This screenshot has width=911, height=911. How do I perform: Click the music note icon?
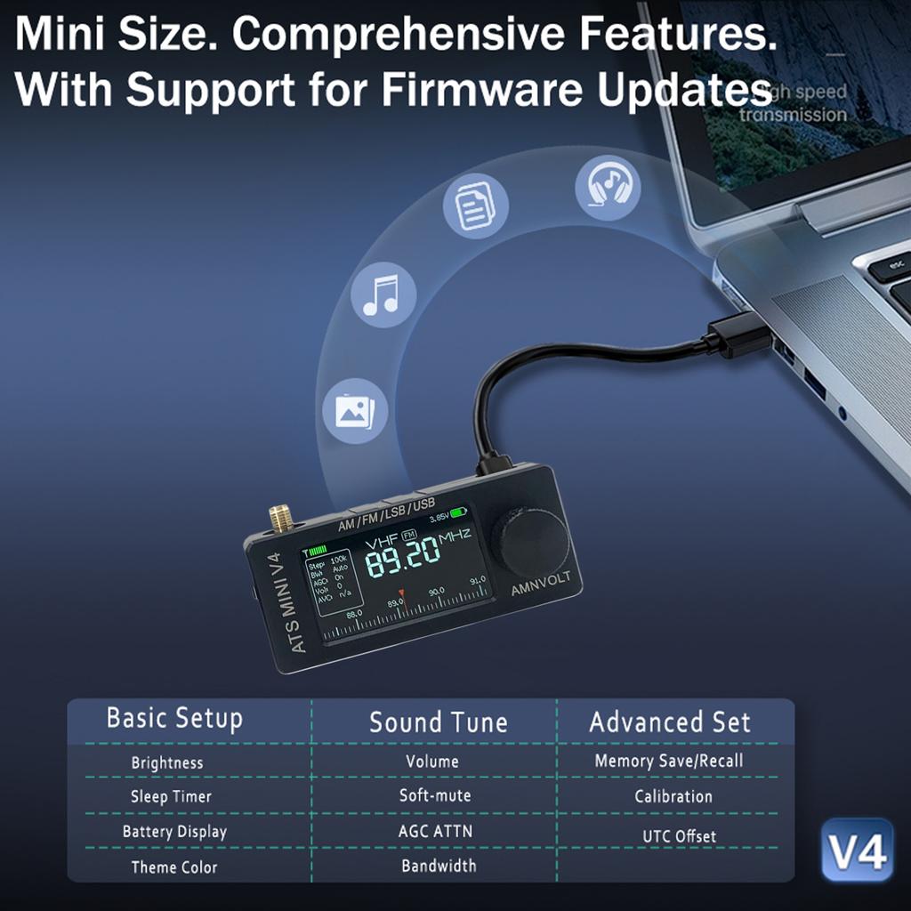pyautogui.click(x=383, y=295)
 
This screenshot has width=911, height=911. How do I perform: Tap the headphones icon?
pyautogui.click(x=608, y=188)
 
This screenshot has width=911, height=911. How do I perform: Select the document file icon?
pyautogui.click(x=476, y=206)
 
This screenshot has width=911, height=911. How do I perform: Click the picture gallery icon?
pyautogui.click(x=355, y=410)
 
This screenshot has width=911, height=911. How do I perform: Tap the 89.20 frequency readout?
pyautogui.click(x=402, y=557)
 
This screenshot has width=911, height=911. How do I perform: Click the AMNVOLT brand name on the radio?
pyautogui.click(x=541, y=584)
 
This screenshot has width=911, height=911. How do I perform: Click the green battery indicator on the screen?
pyautogui.click(x=459, y=513)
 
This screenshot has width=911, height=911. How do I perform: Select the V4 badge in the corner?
pyautogui.click(x=858, y=850)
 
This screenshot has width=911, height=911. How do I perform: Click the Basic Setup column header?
pyautogui.click(x=174, y=718)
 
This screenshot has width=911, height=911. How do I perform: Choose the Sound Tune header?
pyautogui.click(x=438, y=722)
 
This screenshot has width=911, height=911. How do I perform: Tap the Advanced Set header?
pyautogui.click(x=670, y=722)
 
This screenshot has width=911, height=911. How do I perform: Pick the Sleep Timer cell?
pyautogui.click(x=171, y=796)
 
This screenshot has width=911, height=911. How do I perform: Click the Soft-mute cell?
pyautogui.click(x=435, y=795)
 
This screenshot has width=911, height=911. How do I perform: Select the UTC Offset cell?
pyautogui.click(x=679, y=836)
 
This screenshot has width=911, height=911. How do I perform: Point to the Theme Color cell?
pyautogui.click(x=174, y=867)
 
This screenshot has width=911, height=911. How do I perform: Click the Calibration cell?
pyautogui.click(x=673, y=796)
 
